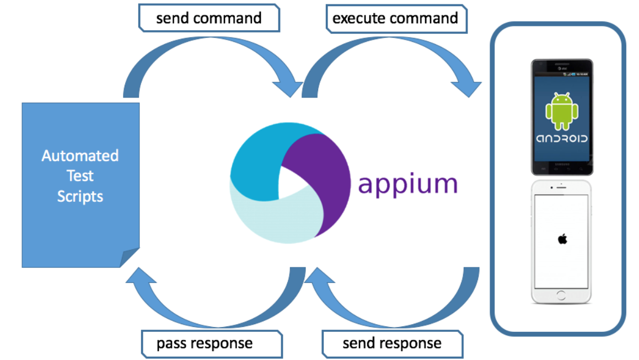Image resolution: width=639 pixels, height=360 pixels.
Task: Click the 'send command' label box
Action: tap(209, 18)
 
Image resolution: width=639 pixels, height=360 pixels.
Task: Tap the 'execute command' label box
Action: tap(395, 18)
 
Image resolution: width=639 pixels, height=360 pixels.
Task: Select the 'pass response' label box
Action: tap(205, 343)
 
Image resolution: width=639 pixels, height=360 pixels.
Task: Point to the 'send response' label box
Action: tap(392, 343)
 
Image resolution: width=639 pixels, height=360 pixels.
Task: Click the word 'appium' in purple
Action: tap(408, 184)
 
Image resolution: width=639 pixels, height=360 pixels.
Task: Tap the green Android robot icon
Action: tap(562, 110)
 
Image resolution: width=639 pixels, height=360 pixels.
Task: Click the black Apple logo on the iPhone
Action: tap(562, 239)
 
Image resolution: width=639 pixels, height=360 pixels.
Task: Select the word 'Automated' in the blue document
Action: tap(80, 156)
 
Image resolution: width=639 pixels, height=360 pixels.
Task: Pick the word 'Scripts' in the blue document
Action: tap(80, 196)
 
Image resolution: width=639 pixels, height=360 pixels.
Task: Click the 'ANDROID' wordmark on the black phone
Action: tap(562, 138)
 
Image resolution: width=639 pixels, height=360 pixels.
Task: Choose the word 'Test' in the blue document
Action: tap(80, 176)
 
